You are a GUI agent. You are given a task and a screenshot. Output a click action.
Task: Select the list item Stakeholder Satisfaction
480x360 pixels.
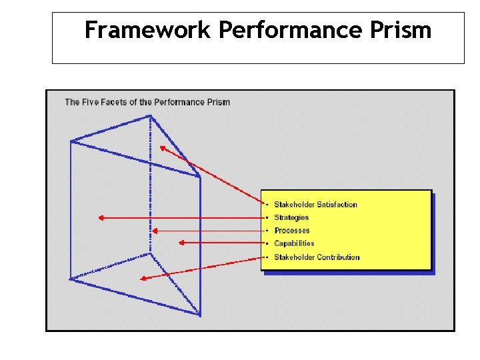(315, 205)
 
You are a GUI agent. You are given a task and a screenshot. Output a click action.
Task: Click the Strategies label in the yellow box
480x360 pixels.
(291, 217)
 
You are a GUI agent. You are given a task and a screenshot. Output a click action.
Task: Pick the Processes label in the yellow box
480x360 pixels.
(291, 231)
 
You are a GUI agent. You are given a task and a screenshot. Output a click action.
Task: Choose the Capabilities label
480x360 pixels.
(294, 243)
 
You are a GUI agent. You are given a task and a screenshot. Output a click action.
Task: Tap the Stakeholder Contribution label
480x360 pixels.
(317, 257)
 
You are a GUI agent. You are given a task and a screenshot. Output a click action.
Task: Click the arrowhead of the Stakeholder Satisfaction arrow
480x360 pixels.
(162, 148)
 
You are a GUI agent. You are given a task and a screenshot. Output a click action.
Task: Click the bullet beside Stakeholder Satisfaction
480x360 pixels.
(267, 205)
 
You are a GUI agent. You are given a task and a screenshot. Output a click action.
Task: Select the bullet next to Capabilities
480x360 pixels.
(267, 243)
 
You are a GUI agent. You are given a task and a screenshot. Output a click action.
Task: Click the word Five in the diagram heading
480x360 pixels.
(91, 102)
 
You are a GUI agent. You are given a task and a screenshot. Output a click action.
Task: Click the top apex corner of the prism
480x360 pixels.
(150, 117)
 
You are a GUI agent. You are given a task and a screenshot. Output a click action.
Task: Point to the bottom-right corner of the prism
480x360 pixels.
(199, 313)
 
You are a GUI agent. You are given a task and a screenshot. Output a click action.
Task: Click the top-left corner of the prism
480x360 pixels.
(71, 141)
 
